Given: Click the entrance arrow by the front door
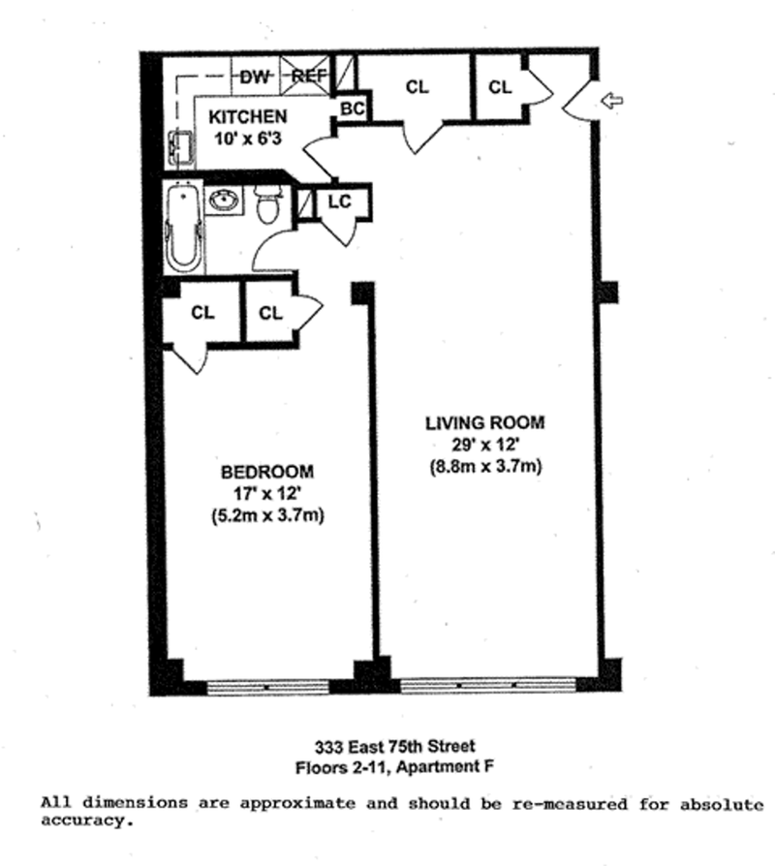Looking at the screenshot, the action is click(x=611, y=101).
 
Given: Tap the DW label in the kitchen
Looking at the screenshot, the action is click(x=254, y=77).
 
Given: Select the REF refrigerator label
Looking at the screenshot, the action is click(x=309, y=76).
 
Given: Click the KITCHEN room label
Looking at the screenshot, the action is click(x=248, y=116).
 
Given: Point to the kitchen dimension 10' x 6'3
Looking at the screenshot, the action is click(x=248, y=139).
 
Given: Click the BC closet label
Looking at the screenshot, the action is click(x=352, y=108).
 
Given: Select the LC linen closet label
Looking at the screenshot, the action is click(x=340, y=202).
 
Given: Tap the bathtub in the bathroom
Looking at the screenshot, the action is click(x=184, y=227).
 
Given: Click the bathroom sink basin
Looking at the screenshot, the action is click(x=225, y=199).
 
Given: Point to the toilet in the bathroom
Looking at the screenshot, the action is click(x=268, y=204).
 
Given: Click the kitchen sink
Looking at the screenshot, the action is click(x=180, y=148).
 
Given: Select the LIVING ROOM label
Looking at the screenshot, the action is click(x=485, y=423).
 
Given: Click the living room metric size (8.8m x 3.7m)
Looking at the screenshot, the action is click(x=485, y=467).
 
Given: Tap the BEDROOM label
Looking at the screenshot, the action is click(x=267, y=472).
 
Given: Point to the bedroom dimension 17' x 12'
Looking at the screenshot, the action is click(x=267, y=493).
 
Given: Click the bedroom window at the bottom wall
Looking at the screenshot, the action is click(x=268, y=687).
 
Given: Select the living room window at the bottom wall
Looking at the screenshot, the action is click(x=488, y=686).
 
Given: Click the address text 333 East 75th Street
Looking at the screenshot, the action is click(x=394, y=747).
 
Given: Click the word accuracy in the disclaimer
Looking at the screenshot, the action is click(x=87, y=821).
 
